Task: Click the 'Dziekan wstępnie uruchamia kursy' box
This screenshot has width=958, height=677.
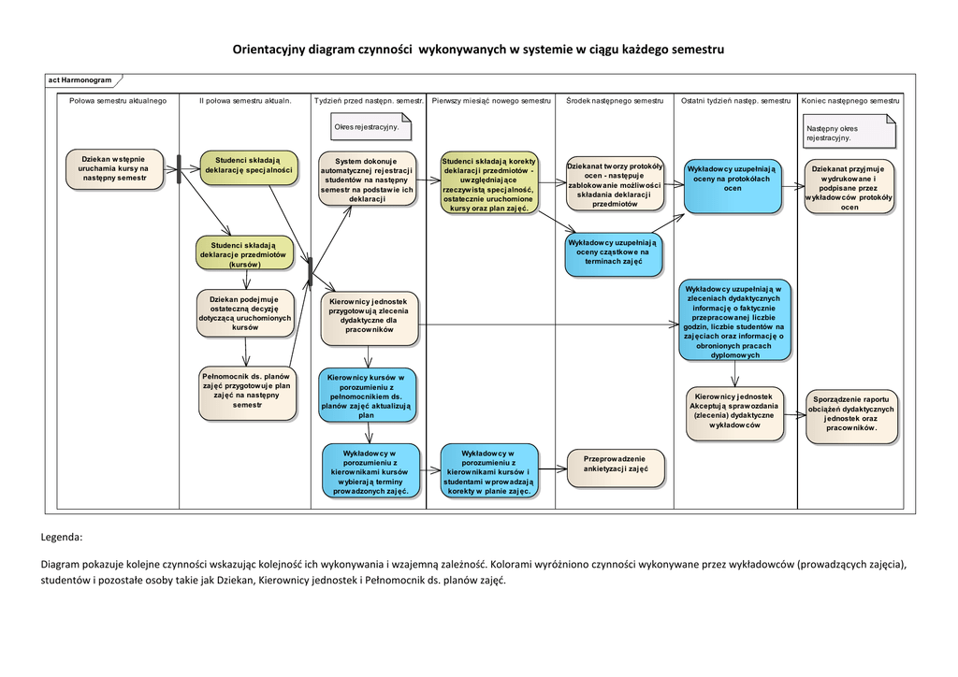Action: point(114,168)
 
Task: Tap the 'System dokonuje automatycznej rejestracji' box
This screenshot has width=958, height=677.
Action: point(367,180)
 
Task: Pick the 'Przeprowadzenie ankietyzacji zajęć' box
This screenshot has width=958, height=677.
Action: point(616,465)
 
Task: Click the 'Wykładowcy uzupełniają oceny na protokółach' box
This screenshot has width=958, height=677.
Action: point(732,184)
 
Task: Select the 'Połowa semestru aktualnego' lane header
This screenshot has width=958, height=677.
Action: point(118,100)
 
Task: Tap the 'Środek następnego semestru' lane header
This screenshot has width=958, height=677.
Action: point(615,100)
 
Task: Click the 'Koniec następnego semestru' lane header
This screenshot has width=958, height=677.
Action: point(850,100)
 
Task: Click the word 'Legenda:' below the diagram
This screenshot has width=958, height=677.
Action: point(62,538)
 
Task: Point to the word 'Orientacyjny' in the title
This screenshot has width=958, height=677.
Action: point(270,49)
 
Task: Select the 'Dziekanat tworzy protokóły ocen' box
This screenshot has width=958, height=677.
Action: point(615,184)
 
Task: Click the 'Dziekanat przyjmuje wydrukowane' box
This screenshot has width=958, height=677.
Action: point(849,187)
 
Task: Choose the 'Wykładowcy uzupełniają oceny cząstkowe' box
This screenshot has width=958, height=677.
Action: point(614,252)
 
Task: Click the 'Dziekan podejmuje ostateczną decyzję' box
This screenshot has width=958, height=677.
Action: point(245,313)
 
